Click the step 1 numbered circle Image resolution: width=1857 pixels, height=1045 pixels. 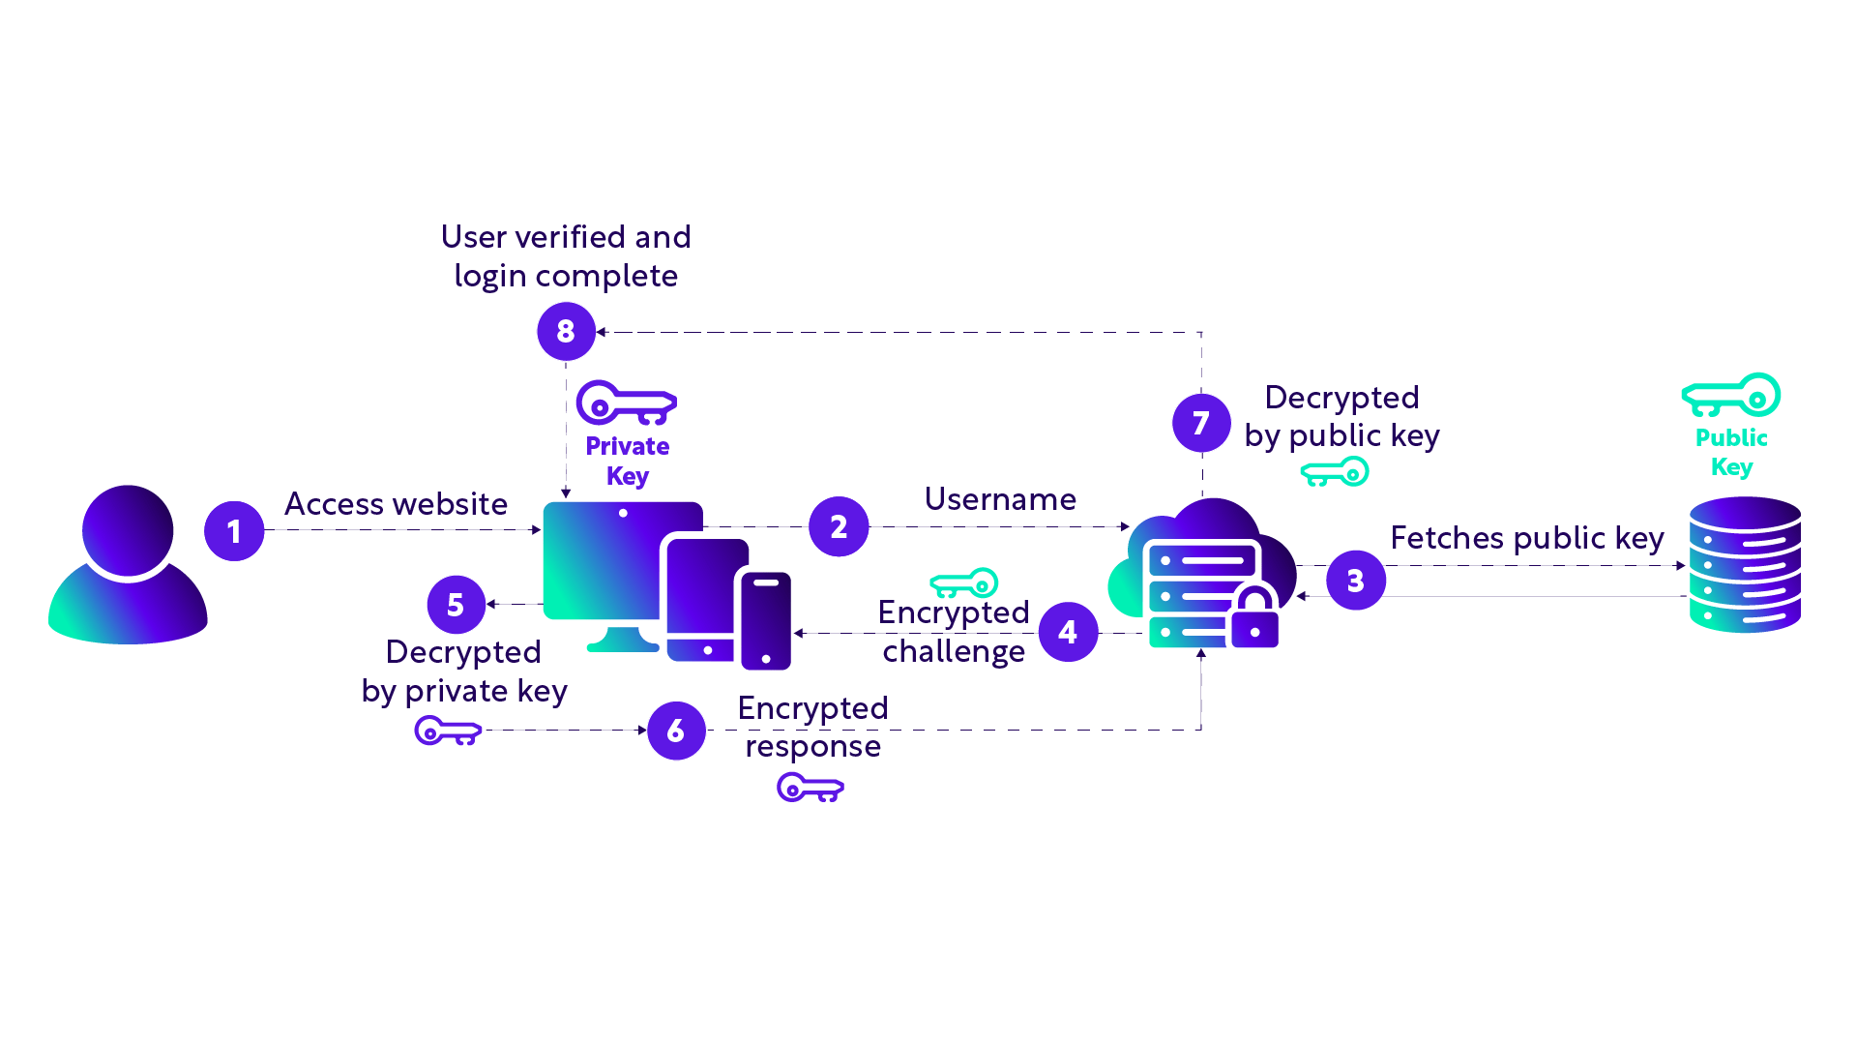(x=234, y=531)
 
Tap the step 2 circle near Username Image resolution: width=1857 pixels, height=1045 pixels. (x=839, y=526)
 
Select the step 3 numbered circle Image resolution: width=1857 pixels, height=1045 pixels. (x=1356, y=581)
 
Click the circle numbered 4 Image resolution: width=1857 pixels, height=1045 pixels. (x=1068, y=632)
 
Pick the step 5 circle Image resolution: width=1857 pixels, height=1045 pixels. (x=456, y=605)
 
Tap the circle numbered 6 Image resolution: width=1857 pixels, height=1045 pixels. (x=676, y=731)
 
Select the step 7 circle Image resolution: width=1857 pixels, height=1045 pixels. (x=1201, y=423)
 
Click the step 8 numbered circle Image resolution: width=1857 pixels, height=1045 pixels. (x=566, y=331)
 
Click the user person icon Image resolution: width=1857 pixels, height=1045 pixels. (x=128, y=565)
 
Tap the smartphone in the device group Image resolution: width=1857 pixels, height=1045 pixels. (x=766, y=620)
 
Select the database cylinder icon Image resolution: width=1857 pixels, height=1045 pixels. (x=1745, y=565)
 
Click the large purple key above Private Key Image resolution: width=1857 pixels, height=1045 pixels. (x=626, y=403)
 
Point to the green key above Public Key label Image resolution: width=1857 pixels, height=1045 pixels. (x=1731, y=395)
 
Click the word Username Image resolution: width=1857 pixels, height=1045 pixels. (x=1000, y=499)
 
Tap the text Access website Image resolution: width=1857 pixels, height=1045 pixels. (x=396, y=504)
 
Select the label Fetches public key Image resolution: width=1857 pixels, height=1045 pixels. (x=1526, y=538)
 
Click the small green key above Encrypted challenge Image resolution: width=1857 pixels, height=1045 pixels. (x=963, y=583)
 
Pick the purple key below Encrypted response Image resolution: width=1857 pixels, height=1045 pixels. (x=811, y=789)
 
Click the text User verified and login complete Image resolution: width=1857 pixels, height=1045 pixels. (x=566, y=256)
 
